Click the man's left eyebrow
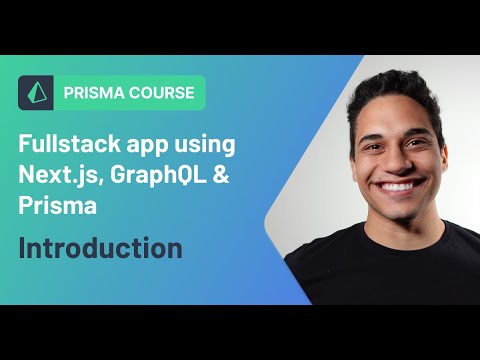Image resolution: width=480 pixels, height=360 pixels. pyautogui.click(x=414, y=131)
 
